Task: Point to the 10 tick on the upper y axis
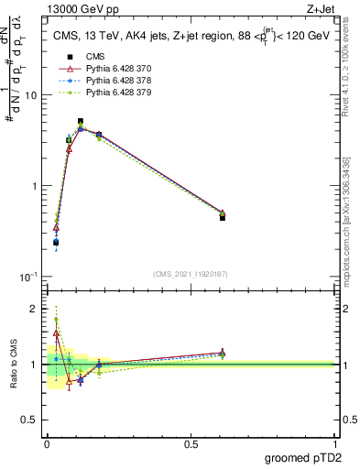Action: coord(31,96)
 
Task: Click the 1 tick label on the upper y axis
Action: coord(35,186)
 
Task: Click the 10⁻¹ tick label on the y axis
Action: coord(29,277)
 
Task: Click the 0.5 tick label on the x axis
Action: coord(191,444)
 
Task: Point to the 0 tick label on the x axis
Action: coord(46,444)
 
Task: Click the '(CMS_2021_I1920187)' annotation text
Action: coord(190,273)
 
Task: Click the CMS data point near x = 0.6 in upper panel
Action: coord(223,217)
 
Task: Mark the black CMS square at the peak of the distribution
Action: coord(81,121)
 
